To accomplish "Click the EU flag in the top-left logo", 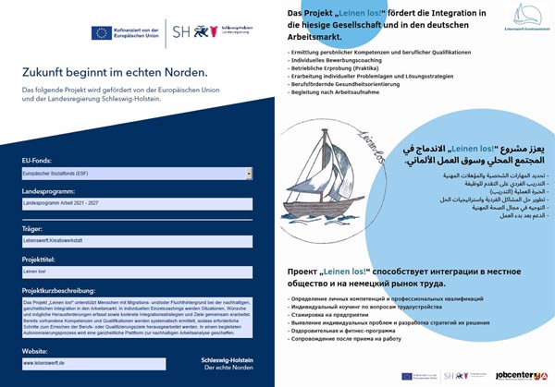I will (102, 32).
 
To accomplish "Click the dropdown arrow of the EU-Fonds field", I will (249, 173).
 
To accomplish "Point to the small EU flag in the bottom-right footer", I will (407, 376).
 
